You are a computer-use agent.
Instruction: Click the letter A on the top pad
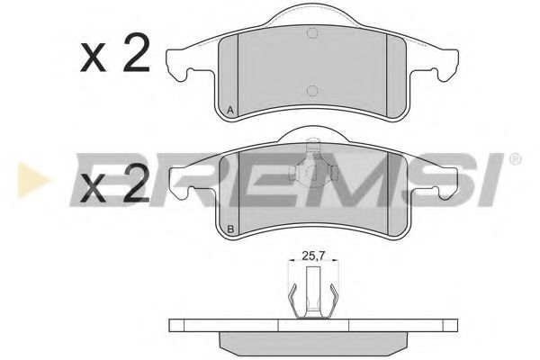(x=231, y=111)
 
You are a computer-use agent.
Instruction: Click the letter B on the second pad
(x=231, y=229)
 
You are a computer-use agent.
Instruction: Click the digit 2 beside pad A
(x=135, y=56)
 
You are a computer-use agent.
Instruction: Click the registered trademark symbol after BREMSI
(x=515, y=161)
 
